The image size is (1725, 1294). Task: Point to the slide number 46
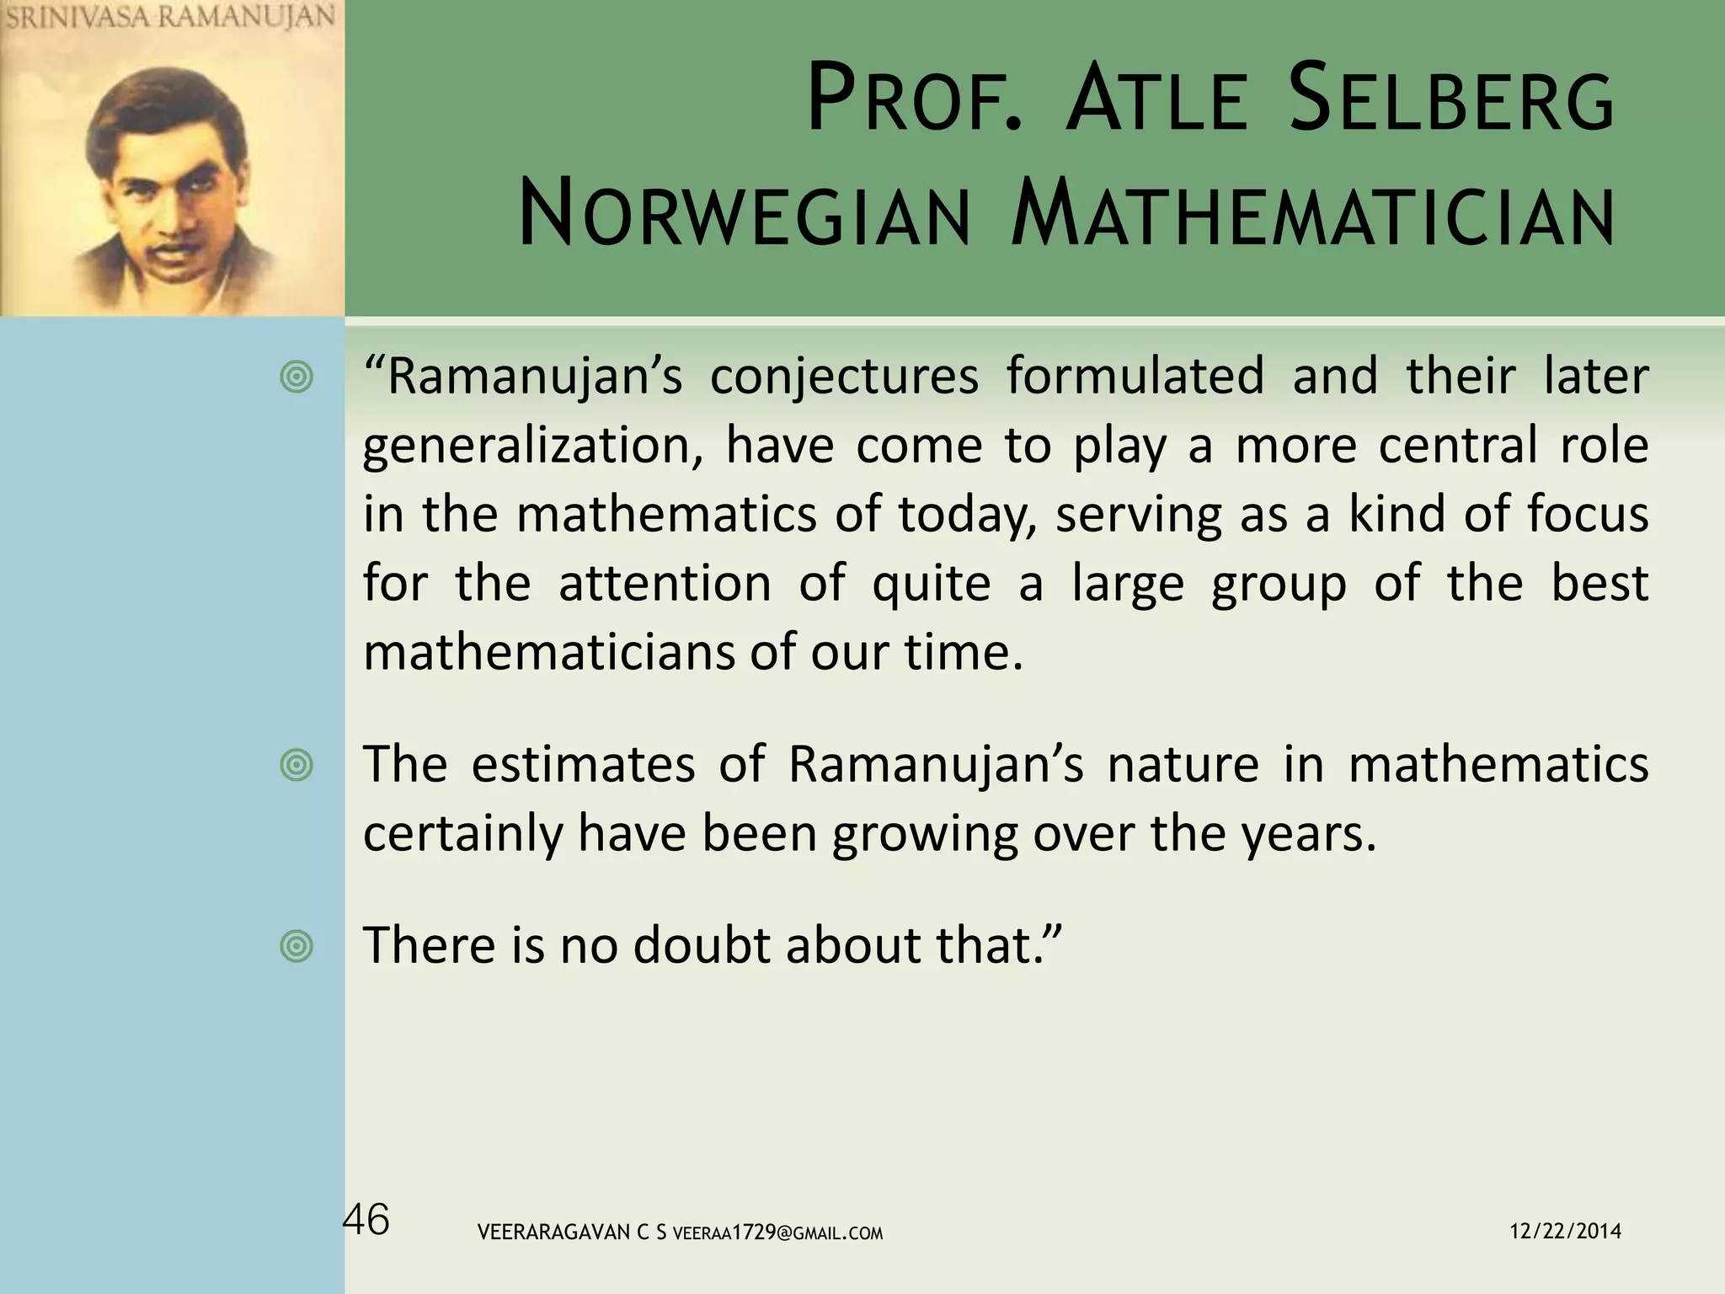coord(366,1219)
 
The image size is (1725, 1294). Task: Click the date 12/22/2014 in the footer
coord(1565,1231)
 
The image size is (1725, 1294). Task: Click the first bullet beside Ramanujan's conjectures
coord(296,377)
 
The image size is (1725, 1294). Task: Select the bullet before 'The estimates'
coord(296,766)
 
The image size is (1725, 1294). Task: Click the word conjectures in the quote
coord(844,377)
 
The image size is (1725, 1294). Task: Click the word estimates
coord(583,764)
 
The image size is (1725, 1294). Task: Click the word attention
coord(665,583)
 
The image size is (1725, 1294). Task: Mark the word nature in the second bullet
coord(1183,764)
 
